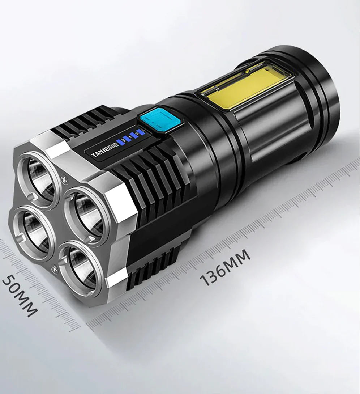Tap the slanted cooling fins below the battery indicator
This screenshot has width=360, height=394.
pyautogui.click(x=152, y=174)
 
